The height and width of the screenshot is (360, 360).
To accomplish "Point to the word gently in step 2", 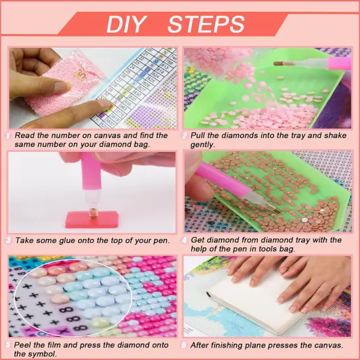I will click(x=203, y=145).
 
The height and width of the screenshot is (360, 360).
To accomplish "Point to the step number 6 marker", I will click(x=185, y=345).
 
